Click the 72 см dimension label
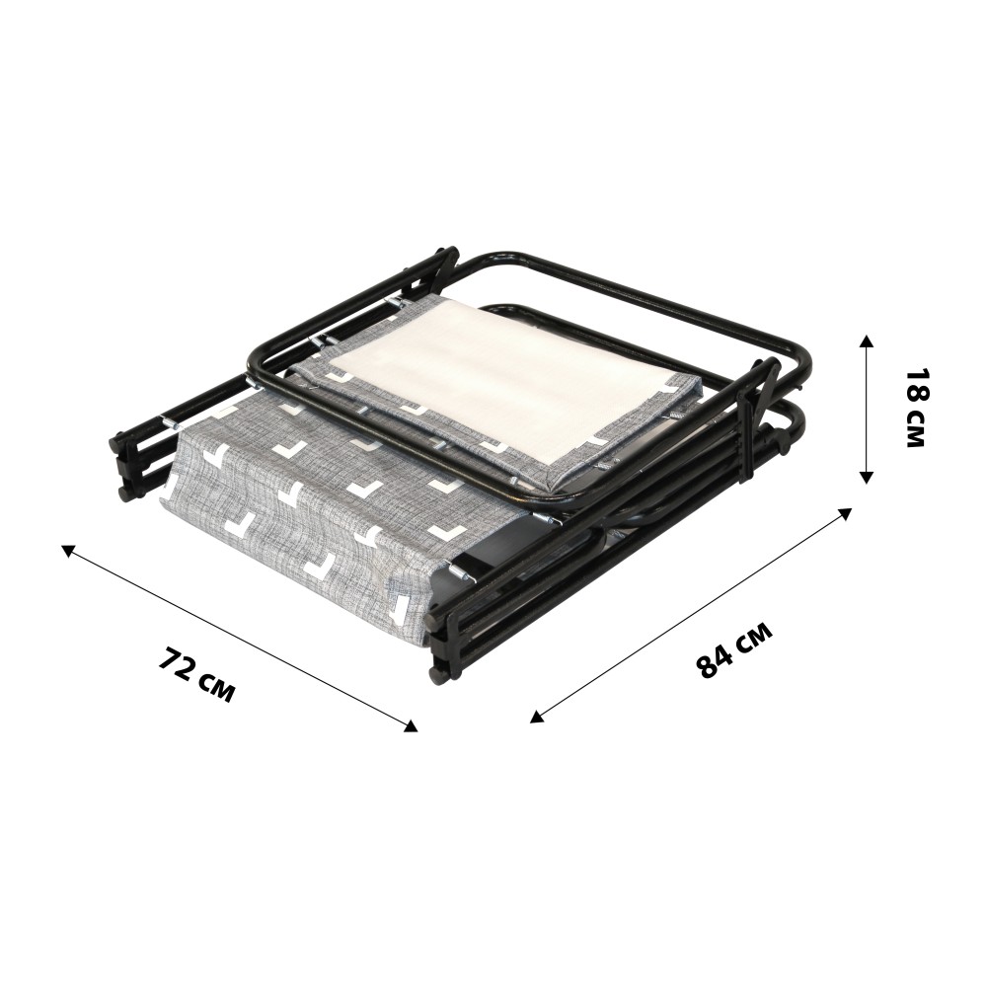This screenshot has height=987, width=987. point(196,677)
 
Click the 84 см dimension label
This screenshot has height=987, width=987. point(734,650)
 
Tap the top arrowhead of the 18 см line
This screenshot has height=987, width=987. point(867,343)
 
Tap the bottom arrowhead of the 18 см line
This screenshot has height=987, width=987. point(867,476)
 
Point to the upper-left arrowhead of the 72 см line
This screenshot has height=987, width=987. point(69,550)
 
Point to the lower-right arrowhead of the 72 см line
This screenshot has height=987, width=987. point(410,725)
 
